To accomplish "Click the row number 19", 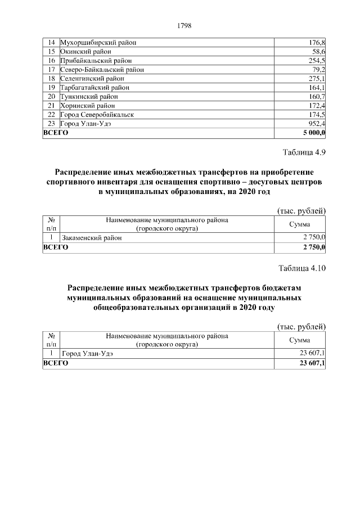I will [x=51, y=87].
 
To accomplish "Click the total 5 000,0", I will [x=314, y=133].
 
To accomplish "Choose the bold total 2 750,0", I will [x=314, y=247].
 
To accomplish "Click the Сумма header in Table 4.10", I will [x=299, y=340].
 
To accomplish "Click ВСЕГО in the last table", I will [x=56, y=363].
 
